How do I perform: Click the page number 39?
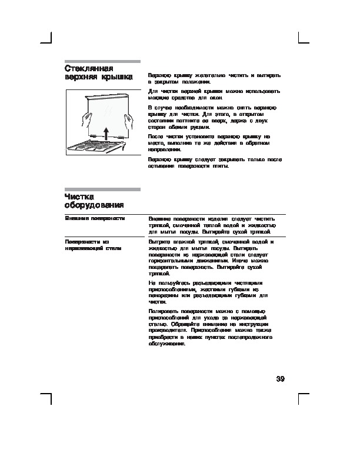[280, 378]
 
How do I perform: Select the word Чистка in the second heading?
[80, 196]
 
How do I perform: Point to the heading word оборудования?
[94, 205]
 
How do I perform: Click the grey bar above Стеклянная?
[102, 61]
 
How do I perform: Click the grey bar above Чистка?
[102, 189]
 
